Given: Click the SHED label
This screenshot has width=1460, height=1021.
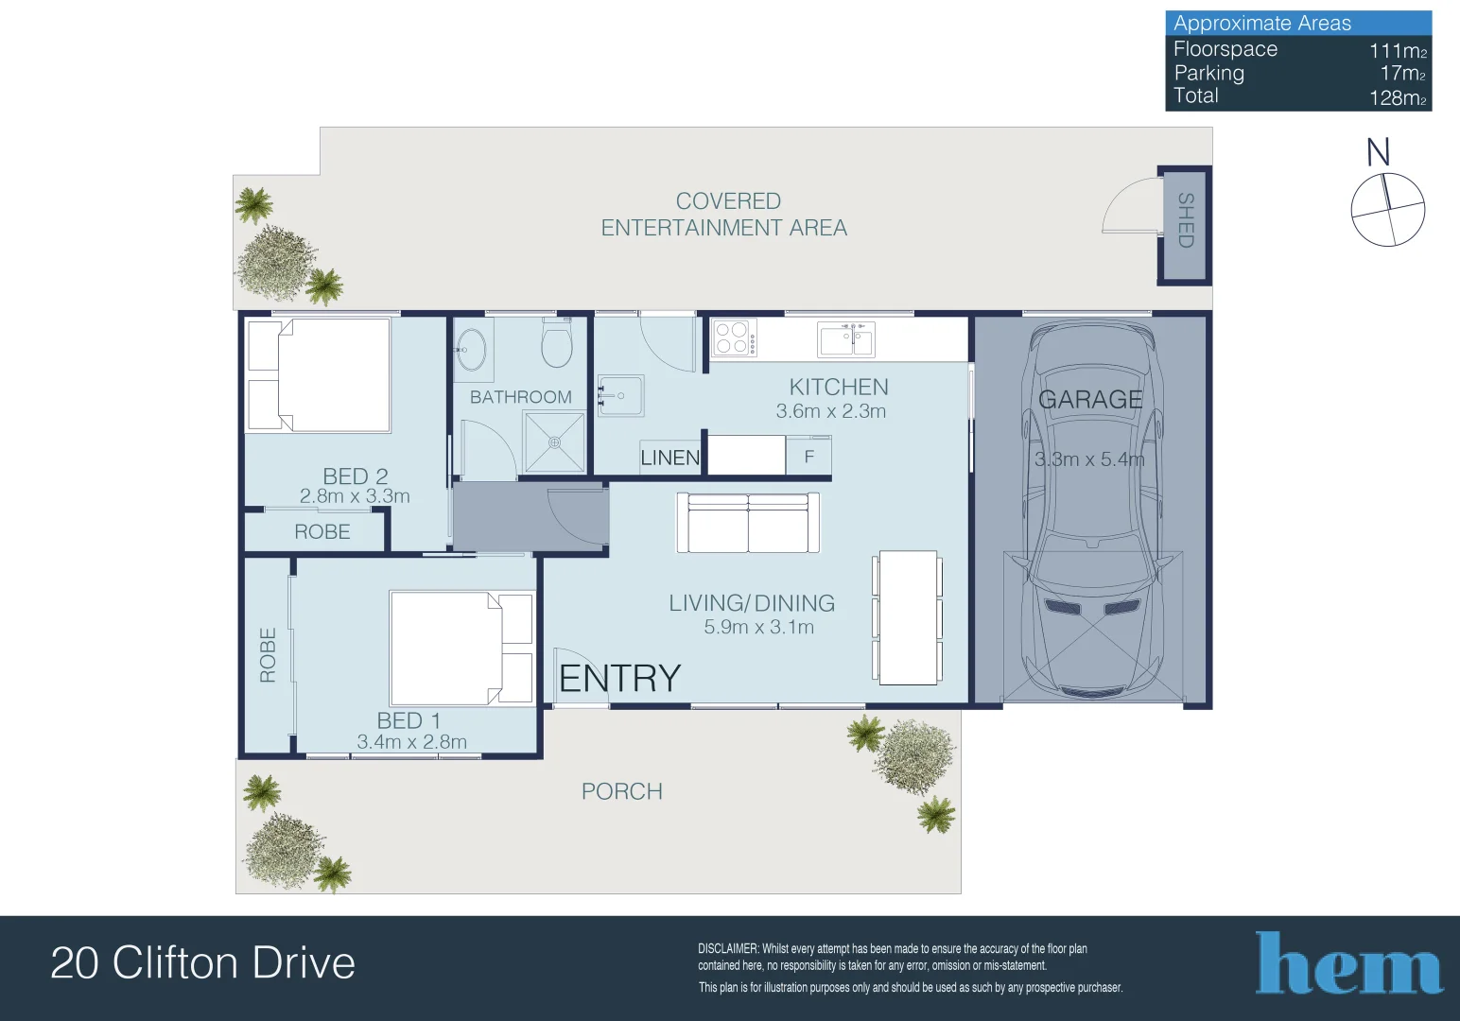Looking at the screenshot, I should tap(1185, 220).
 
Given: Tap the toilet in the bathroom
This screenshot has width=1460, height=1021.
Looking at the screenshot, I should tap(556, 342).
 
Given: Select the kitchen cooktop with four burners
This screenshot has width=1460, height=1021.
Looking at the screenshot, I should tap(734, 338).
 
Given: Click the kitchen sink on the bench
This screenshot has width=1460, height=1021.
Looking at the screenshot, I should tap(846, 338).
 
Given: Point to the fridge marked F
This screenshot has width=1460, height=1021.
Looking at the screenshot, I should tap(808, 457).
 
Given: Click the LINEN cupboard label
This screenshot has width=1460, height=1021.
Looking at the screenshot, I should tap(669, 459).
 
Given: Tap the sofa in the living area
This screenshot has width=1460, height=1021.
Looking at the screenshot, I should tap(748, 524).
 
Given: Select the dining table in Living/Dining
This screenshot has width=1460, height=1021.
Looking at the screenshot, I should tap(908, 617).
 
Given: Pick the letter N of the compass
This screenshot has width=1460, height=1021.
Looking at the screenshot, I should tap(1378, 152).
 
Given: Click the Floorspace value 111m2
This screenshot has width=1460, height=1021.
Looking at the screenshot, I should tap(1398, 51).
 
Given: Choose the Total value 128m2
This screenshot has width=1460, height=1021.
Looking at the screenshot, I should tap(1398, 97).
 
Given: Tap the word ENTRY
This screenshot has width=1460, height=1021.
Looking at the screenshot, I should tap(619, 679).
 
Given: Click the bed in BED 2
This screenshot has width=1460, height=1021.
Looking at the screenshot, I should tap(319, 375).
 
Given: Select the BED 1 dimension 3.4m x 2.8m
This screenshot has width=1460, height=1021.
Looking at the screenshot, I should tap(411, 743).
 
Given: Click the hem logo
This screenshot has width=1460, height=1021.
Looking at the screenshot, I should tap(1348, 964).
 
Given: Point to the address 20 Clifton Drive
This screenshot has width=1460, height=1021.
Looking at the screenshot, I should tap(202, 963).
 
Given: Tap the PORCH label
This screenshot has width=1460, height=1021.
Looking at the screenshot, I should tap(621, 792).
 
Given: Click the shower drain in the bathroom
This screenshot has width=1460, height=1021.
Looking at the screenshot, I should tap(554, 442).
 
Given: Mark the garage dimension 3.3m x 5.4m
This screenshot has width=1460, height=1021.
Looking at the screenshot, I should tap(1089, 460).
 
